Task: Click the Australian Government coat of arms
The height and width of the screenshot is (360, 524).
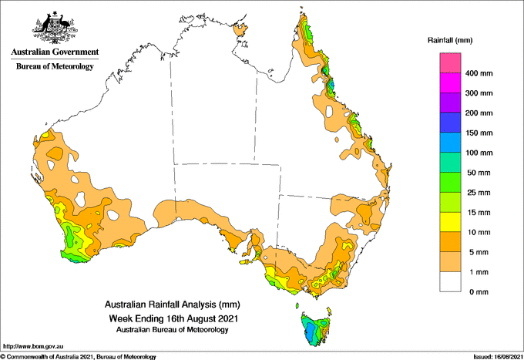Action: [55, 28]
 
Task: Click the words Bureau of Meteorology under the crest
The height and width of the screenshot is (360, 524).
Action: [55, 66]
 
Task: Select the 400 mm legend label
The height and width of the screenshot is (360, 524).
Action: [479, 73]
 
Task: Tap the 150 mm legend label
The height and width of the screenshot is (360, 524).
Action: [479, 133]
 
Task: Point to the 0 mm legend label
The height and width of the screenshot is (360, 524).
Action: [479, 292]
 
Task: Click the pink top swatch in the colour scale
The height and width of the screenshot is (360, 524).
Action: [450, 63]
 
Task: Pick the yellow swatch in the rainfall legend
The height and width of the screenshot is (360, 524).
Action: [450, 222]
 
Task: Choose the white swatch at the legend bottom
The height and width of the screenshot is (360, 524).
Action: [450, 282]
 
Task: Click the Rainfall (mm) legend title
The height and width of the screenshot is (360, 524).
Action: [450, 40]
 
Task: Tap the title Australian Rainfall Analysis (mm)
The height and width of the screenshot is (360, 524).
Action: [173, 304]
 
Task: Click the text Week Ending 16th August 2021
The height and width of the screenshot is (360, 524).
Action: [173, 318]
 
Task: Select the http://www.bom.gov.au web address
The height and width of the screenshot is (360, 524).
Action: [33, 346]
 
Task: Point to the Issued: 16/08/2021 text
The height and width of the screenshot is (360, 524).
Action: [498, 357]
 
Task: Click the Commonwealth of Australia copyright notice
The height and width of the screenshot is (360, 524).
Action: [78, 357]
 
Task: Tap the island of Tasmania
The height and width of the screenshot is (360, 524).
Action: [316, 329]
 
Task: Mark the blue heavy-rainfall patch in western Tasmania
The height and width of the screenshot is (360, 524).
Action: [311, 330]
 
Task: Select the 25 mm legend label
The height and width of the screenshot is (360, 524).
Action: [479, 193]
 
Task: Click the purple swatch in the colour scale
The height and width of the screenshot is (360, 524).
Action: [450, 103]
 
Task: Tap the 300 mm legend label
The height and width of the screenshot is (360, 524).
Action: [479, 93]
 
